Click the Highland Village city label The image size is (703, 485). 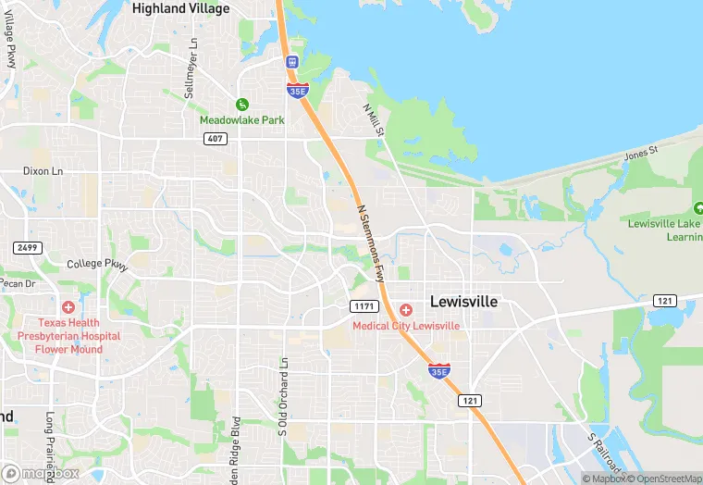[x=180, y=8]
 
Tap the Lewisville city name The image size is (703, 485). [x=463, y=302]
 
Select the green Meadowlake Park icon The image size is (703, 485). [x=242, y=106]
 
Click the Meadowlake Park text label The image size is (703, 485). [x=242, y=120]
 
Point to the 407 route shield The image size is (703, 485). [x=216, y=138]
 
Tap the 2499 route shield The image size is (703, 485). [x=27, y=247]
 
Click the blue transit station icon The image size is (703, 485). [x=292, y=62]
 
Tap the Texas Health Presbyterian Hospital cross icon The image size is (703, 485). [x=68, y=307]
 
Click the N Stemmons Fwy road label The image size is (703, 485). [x=370, y=242]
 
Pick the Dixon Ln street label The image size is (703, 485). [x=43, y=171]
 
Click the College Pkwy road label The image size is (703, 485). [x=96, y=264]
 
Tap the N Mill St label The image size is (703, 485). [x=373, y=121]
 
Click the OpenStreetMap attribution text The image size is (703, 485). [x=665, y=479]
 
